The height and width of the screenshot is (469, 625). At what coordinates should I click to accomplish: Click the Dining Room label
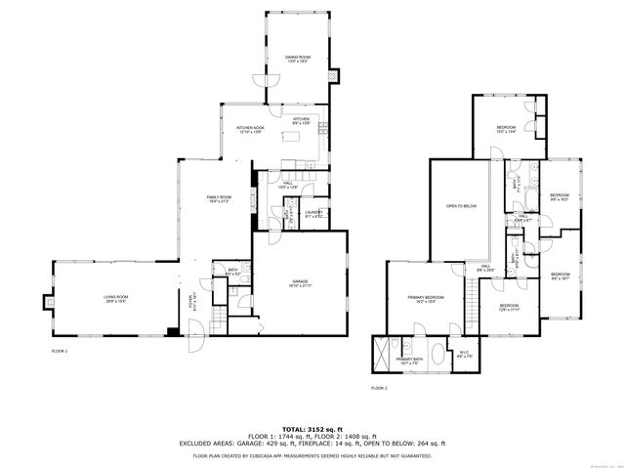[297, 59]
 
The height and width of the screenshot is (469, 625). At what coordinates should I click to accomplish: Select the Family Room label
[218, 199]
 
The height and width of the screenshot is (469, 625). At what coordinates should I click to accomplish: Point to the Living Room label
[116, 299]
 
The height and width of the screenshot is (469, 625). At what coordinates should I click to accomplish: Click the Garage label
[300, 283]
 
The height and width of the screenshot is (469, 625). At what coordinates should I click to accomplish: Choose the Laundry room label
[313, 214]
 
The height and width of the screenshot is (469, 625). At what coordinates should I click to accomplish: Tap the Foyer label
[192, 303]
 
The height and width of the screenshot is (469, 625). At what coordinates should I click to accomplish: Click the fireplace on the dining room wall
[336, 74]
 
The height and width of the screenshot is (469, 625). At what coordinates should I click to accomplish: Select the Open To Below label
[461, 206]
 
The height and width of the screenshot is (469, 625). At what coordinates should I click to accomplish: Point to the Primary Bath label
[409, 361]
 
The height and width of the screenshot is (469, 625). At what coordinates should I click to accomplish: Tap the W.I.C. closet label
[465, 355]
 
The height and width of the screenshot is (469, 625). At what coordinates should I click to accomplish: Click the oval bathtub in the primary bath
[432, 350]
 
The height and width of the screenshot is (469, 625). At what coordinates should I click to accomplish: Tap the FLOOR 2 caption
[379, 388]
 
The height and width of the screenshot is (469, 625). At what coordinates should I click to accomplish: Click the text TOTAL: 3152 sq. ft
[312, 429]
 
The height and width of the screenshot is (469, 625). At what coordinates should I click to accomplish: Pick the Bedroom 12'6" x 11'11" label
[510, 308]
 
